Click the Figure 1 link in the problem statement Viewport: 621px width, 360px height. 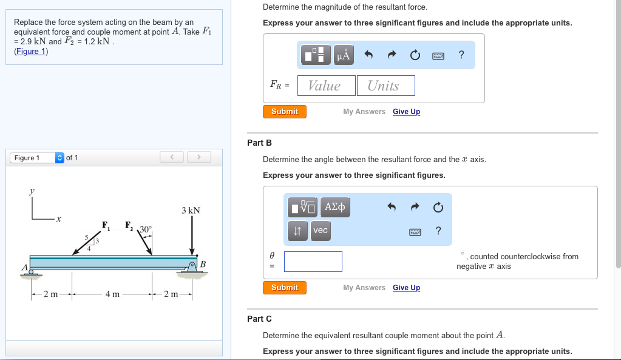tap(31, 52)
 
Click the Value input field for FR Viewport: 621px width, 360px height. tap(327, 86)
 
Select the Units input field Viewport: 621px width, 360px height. tap(385, 86)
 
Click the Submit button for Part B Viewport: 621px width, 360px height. tap(284, 288)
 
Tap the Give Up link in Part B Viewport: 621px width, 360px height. tap(406, 288)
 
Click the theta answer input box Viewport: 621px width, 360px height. tap(313, 262)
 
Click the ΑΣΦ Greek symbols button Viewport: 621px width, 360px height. tap(335, 207)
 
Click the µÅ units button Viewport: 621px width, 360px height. tap(344, 55)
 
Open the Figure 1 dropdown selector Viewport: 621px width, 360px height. tap(37, 158)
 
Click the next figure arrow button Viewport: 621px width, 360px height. tap(199, 157)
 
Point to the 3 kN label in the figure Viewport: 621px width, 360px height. tap(191, 210)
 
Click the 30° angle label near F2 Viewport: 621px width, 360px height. tap(145, 229)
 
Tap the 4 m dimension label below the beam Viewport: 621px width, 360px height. tap(112, 294)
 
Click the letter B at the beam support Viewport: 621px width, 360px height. tap(203, 264)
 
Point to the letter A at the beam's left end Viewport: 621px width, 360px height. tap(24, 267)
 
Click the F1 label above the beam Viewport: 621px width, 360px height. tap(106, 225)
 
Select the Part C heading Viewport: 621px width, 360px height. tap(259, 319)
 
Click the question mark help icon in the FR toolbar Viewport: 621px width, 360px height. tap(461, 55)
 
